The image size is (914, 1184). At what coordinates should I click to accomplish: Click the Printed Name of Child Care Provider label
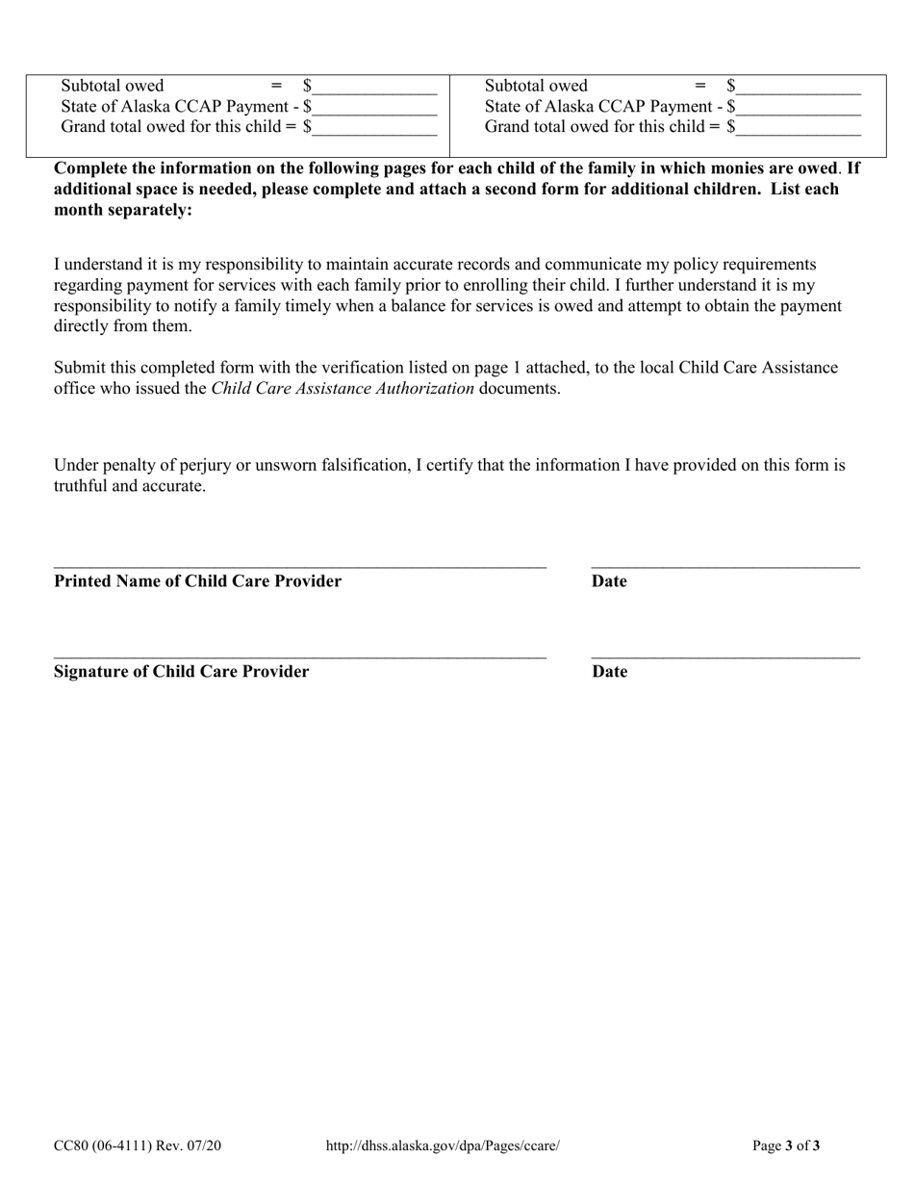point(197,581)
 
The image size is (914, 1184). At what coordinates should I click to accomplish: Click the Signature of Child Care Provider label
point(181,672)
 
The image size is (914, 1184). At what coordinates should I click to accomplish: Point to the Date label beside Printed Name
point(609,581)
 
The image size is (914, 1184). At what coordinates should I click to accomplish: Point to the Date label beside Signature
point(609,672)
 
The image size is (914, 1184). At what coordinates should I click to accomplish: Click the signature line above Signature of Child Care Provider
point(299,656)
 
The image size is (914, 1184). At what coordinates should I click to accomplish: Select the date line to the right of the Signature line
point(725,656)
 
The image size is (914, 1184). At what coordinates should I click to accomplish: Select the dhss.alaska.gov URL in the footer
point(443,1145)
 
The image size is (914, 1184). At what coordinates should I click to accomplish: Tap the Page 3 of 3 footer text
point(786,1145)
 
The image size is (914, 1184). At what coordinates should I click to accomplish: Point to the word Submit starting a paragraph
point(80,368)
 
